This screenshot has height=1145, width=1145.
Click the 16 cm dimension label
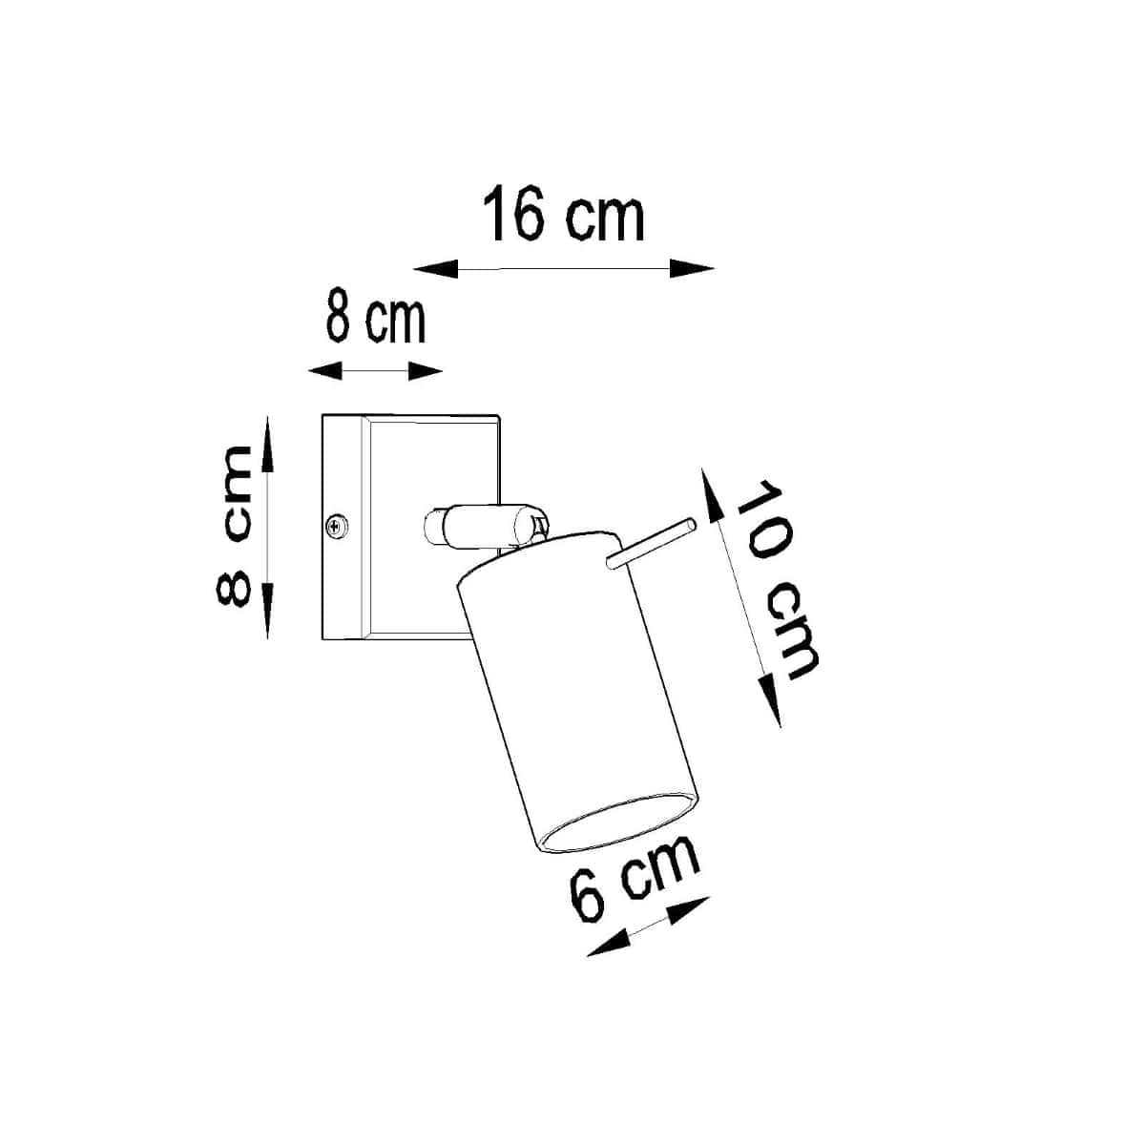[x=564, y=216]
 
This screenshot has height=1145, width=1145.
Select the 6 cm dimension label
[x=634, y=879]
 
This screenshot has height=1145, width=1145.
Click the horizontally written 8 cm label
[x=374, y=319]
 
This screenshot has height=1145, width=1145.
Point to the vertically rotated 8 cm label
[x=234, y=526]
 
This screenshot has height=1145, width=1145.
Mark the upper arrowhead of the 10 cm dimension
[x=712, y=491]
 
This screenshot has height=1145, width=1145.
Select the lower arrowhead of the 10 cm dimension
[x=772, y=702]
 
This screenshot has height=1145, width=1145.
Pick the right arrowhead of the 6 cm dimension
[x=691, y=908]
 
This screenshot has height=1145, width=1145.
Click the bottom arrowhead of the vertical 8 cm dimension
[x=268, y=614]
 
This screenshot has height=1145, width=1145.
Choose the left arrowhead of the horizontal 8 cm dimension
[x=324, y=371]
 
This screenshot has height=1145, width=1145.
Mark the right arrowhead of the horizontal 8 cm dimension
[x=426, y=371]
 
